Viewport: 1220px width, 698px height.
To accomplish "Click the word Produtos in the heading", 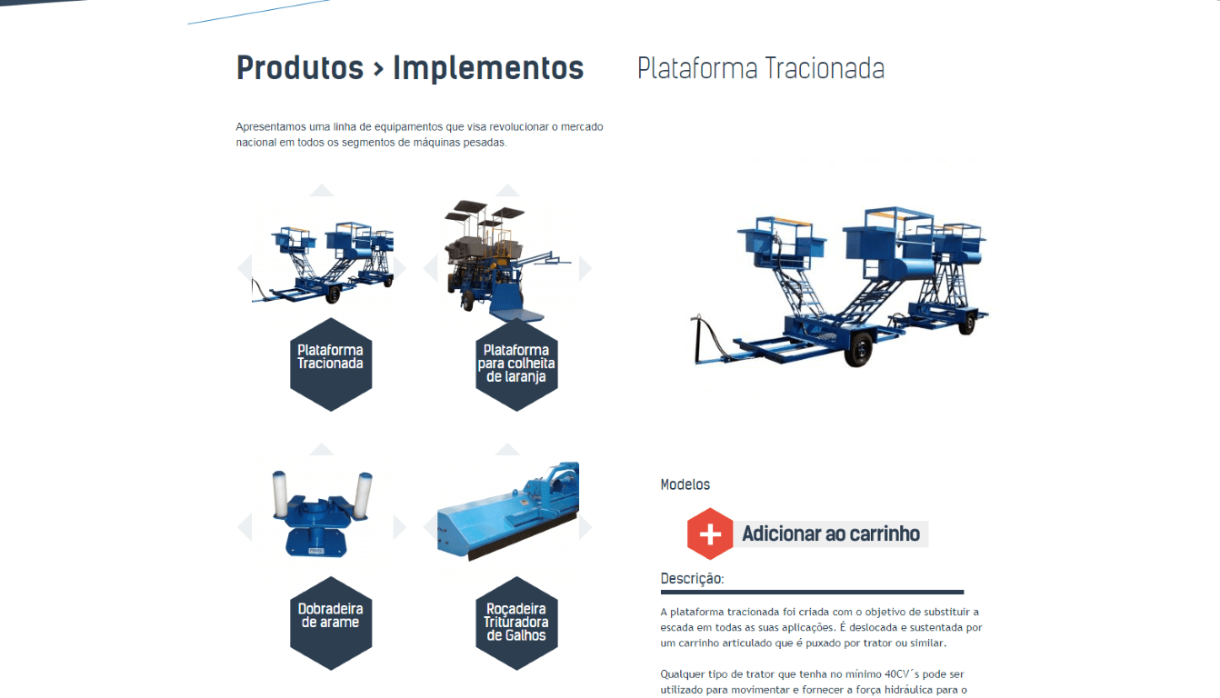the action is (x=300, y=68).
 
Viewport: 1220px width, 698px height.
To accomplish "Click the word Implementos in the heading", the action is (x=488, y=68).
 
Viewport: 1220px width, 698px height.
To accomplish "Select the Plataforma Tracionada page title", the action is (x=760, y=68).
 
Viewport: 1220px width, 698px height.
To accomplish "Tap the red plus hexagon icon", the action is (x=710, y=533).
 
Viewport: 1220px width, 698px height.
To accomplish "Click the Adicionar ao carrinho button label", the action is (x=831, y=533).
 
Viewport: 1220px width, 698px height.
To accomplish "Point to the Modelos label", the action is (x=685, y=484).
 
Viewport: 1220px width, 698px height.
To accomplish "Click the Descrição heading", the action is (x=692, y=578).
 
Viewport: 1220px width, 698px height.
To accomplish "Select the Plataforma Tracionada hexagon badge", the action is (x=331, y=364).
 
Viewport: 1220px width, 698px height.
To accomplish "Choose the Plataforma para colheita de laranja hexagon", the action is (x=516, y=364).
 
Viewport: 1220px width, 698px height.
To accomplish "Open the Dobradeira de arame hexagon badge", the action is (x=331, y=623).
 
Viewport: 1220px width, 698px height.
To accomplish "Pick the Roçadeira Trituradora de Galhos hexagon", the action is (x=516, y=623).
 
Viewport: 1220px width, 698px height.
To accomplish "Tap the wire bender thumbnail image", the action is (x=322, y=514).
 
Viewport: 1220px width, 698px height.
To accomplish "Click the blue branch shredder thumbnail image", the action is (x=507, y=511).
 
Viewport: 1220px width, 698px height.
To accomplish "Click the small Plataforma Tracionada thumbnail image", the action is (x=323, y=262).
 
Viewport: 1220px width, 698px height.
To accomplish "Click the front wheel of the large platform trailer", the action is (x=858, y=350).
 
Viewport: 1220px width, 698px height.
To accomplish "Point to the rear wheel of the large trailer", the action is (x=967, y=324).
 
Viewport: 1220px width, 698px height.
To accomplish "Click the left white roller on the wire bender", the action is (x=279, y=494).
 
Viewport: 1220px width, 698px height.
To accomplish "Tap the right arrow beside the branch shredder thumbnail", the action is (x=585, y=526).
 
